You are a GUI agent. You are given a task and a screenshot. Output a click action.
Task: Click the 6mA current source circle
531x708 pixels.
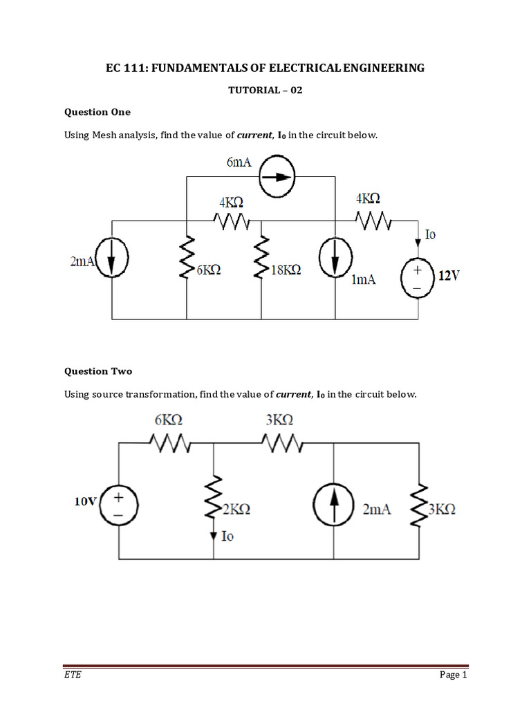277,176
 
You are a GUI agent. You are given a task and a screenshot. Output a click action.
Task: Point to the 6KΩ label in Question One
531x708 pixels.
209,271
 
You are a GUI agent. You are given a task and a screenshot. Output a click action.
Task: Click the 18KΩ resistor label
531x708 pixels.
286,271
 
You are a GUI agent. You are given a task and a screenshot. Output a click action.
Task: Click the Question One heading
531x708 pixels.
97,111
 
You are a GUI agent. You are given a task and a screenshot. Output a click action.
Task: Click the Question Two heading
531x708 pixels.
98,371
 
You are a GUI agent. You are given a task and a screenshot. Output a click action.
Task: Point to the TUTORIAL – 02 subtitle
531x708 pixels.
265,90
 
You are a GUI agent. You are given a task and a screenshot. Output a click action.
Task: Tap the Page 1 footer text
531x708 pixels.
454,675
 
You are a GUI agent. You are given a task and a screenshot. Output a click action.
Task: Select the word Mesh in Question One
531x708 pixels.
104,135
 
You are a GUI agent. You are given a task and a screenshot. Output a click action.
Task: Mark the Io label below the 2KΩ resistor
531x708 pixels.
227,536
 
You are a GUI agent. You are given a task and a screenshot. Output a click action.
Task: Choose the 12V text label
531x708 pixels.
448,276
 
